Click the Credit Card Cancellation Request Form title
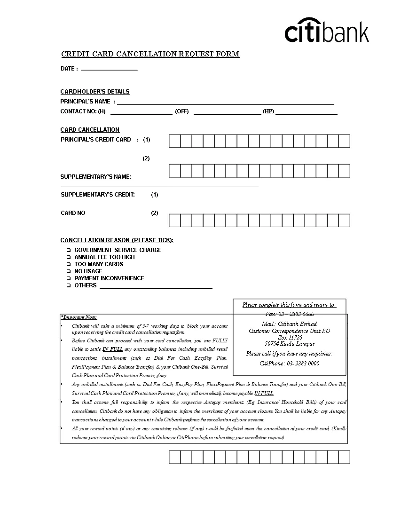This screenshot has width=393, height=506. tap(150, 54)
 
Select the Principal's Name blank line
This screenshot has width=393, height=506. tap(226, 103)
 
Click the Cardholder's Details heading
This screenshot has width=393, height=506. tap(95, 92)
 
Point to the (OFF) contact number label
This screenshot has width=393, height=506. tap(182, 111)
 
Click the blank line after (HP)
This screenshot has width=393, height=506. tap(307, 112)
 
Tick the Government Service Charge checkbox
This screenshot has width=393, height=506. tap(69, 250)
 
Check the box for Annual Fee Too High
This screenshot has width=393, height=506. tap(69, 257)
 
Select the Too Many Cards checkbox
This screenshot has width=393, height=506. tap(69, 264)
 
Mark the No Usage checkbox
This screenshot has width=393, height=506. tap(69, 271)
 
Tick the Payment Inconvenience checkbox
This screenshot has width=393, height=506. tap(69, 278)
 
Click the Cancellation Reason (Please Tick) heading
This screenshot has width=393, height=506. tap(117, 240)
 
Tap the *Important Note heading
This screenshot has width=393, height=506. tap(79, 317)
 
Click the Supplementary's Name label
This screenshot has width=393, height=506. tap(96, 177)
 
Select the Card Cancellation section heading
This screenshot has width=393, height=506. tap(90, 130)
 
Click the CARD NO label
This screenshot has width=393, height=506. tap(73, 213)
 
